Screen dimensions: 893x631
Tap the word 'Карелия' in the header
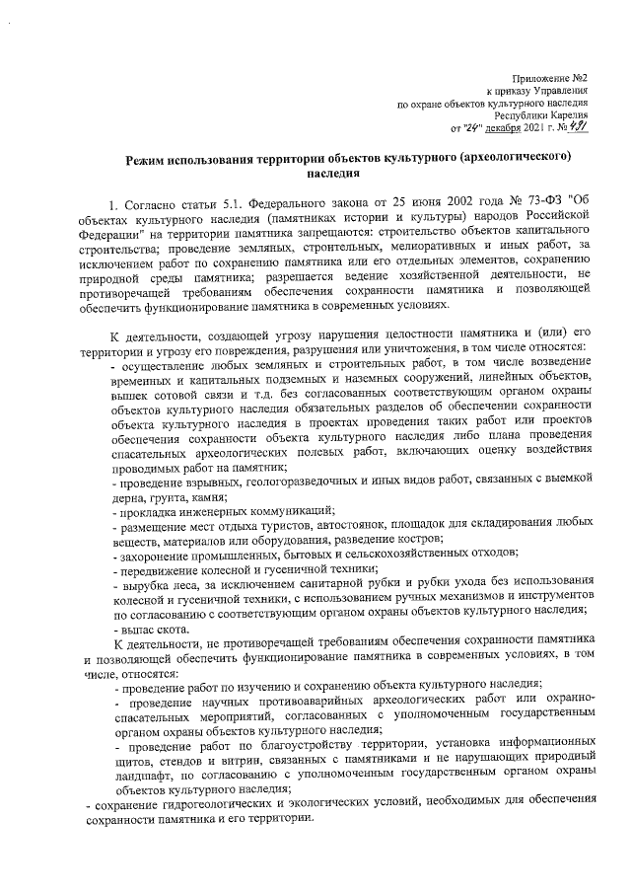(x=570, y=114)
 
